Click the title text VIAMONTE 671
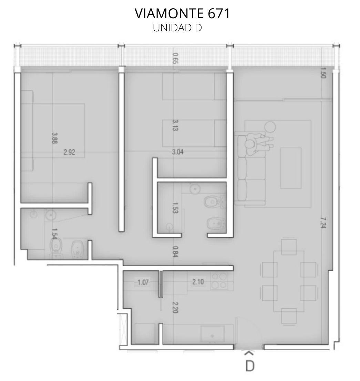pos(182,13)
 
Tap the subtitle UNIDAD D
pos(177,28)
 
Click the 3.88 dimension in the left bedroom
pos(54,138)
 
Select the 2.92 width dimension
pos(69,152)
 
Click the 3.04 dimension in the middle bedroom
pos(177,152)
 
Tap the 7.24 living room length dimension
pos(323,222)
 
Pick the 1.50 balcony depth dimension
pos(323,73)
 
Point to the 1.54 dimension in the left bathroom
pos(54,234)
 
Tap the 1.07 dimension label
pos(143,282)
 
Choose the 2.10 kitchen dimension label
pos(198,282)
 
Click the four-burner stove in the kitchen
pos(219,281)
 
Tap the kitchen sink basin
pos(212,334)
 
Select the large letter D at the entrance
pos(250,366)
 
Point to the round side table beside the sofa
pos(270,127)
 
